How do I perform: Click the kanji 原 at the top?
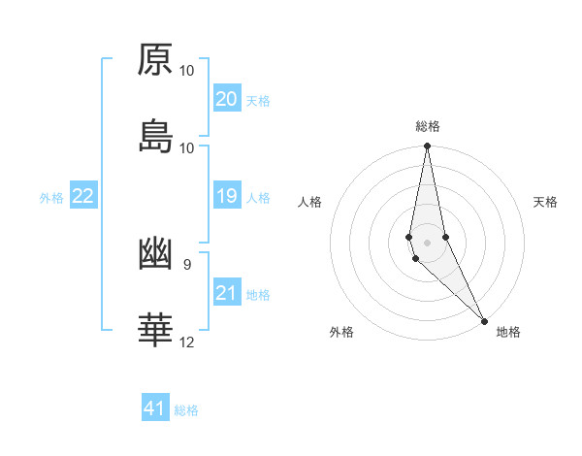point(155,59)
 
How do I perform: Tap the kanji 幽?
point(155,253)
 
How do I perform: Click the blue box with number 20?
point(226,99)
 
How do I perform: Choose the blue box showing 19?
point(226,197)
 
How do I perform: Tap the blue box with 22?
point(83,197)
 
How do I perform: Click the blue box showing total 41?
point(155,408)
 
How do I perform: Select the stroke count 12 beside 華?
point(187,342)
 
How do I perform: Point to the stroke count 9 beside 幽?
point(186,264)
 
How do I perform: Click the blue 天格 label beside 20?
point(258,101)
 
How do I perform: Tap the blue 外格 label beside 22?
point(51,198)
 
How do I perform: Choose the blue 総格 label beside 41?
point(186,410)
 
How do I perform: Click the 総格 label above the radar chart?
point(428,126)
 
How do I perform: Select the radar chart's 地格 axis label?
point(508,332)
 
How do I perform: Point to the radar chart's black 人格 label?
point(310,202)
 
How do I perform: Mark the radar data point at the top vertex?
point(427,147)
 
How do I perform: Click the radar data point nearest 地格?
point(484,320)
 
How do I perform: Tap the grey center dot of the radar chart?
point(427,242)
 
